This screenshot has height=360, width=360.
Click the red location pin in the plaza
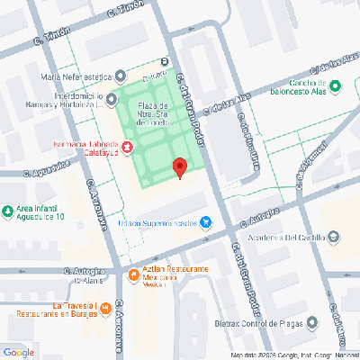[179, 167]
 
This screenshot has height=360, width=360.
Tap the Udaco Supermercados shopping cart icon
[206, 221]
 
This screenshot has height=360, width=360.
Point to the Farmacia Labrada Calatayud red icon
[127, 146]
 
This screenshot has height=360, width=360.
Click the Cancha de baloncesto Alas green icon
[336, 86]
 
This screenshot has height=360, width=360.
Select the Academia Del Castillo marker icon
[335, 238]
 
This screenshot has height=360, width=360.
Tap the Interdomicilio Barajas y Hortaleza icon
[111, 98]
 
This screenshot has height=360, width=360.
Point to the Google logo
[19, 351]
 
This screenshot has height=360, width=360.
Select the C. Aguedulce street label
[47, 168]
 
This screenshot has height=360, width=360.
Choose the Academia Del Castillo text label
[284, 238]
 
